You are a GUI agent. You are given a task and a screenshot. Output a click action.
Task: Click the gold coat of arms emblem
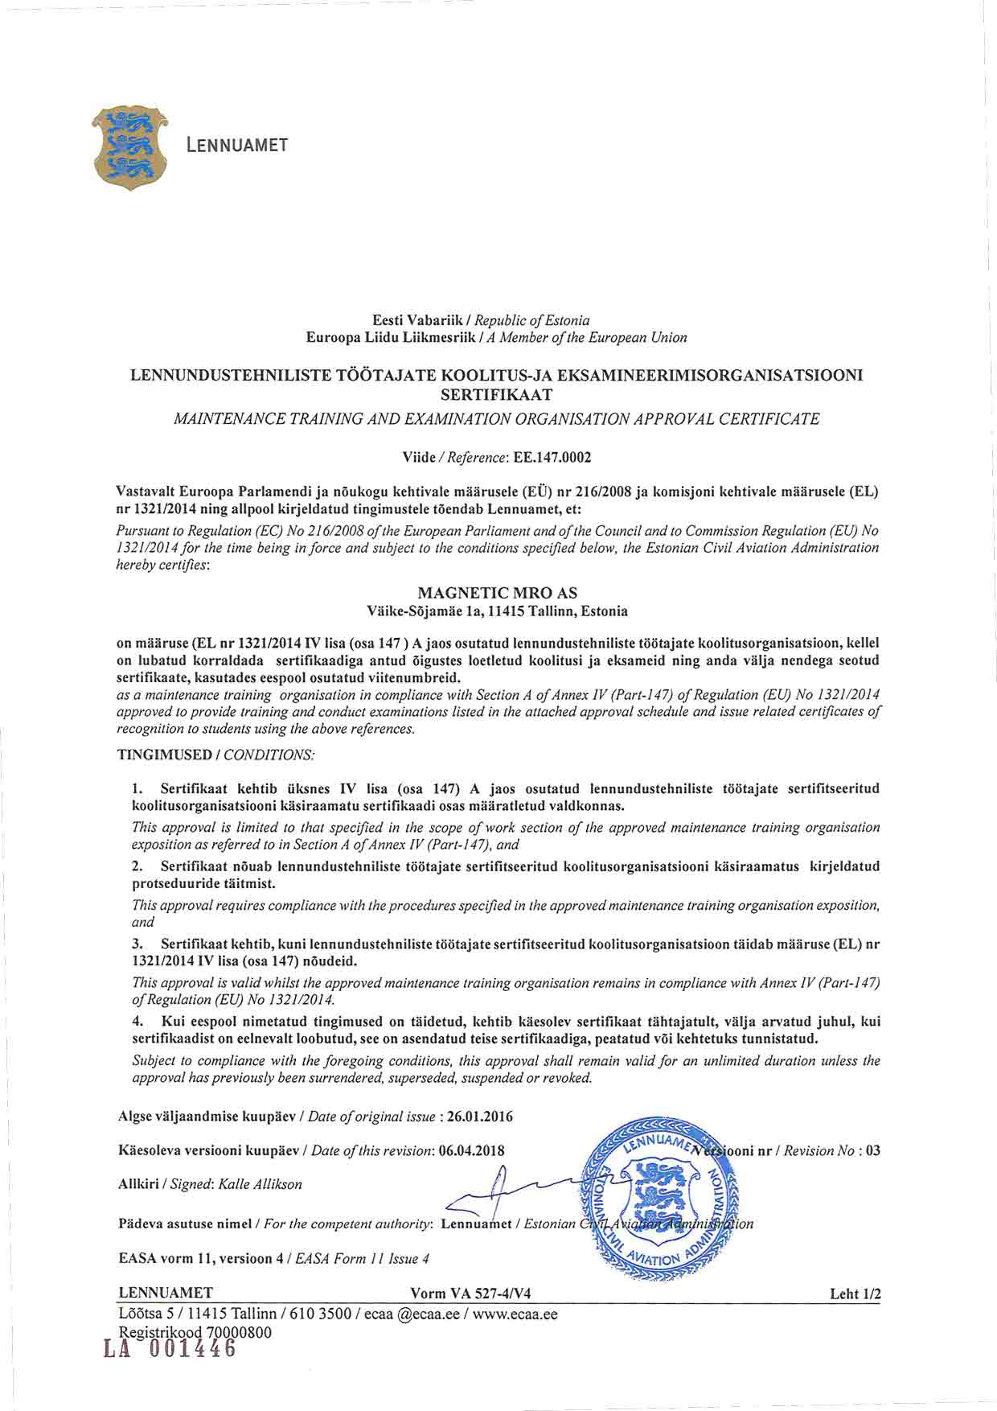pyautogui.click(x=130, y=146)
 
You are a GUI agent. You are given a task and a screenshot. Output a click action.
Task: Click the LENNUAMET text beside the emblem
pyautogui.click(x=236, y=146)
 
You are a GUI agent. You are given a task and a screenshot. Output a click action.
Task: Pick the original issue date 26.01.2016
pyautogui.click(x=480, y=1117)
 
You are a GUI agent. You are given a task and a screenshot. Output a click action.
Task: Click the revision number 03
pyautogui.click(x=872, y=1150)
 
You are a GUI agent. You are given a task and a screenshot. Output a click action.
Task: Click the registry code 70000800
pyautogui.click(x=239, y=1332)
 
